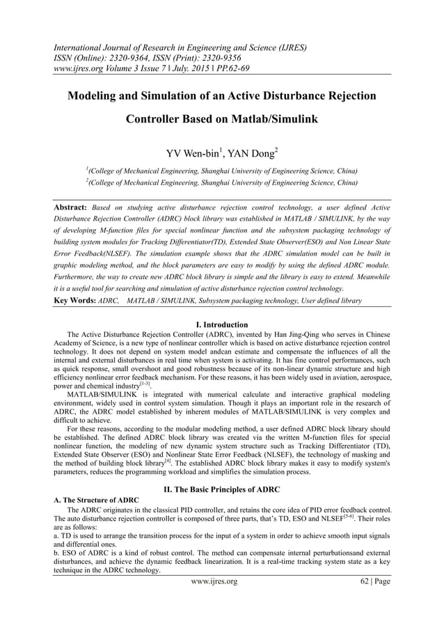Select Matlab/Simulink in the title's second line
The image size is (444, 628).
click(269, 119)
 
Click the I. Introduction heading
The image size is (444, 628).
click(222, 324)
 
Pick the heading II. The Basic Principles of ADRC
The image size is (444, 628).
click(222, 489)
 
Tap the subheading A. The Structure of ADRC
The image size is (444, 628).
click(95, 501)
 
